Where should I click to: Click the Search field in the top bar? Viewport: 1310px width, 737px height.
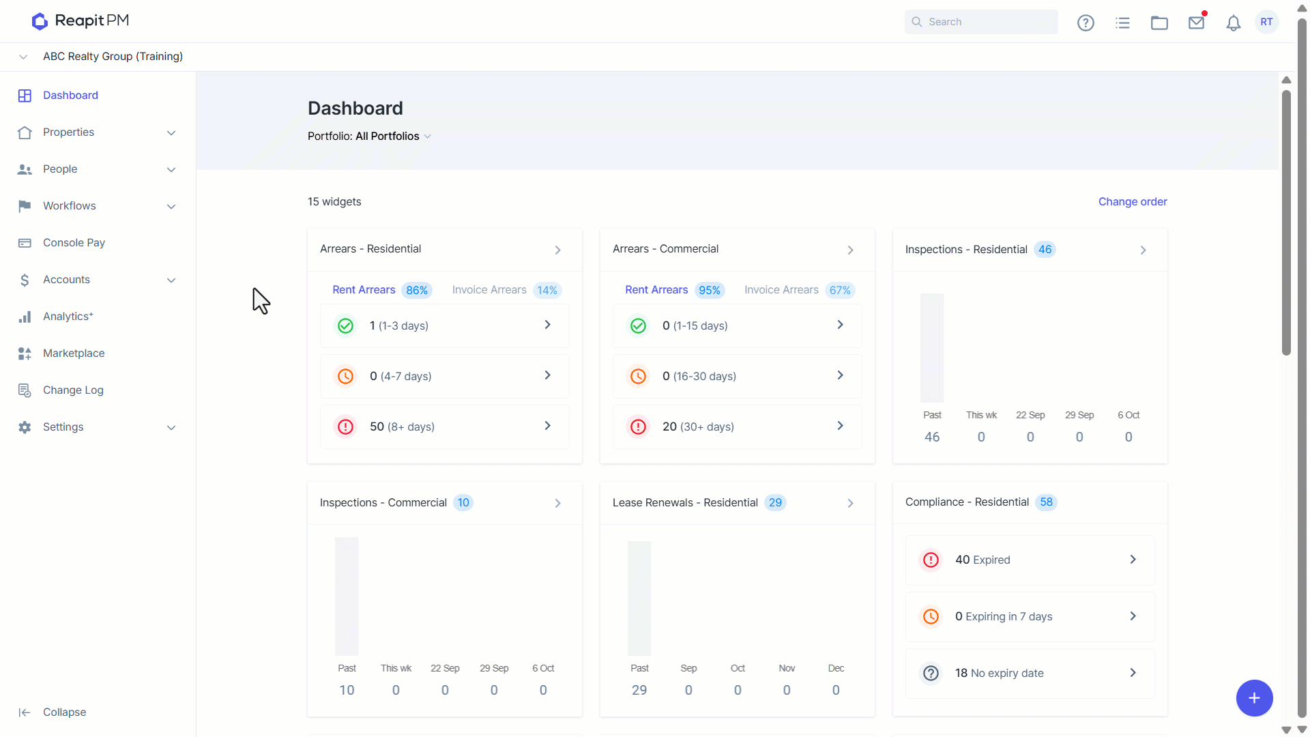(981, 22)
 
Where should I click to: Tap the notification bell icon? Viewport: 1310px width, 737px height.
(1233, 23)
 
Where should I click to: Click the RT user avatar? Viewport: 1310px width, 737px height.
(1266, 22)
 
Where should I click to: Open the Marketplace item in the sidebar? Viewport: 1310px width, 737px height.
(74, 353)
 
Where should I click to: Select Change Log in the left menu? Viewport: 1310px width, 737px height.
(73, 390)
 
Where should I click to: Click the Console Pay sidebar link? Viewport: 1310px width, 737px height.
(74, 243)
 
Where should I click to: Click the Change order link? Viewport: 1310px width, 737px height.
(1133, 202)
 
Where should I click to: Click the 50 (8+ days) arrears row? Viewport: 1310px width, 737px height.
(445, 427)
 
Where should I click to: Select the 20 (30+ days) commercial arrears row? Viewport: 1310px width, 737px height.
(737, 427)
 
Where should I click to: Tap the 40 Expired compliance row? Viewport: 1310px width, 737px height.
(1030, 560)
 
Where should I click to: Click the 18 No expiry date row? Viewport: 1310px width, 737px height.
(1030, 673)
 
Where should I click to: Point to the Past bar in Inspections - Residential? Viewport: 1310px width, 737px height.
(932, 348)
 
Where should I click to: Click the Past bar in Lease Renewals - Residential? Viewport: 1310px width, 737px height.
(639, 598)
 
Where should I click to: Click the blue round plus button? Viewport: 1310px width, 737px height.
(1254, 698)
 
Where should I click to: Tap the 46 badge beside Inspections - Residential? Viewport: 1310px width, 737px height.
(1045, 250)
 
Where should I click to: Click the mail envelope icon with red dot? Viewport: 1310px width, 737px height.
(1197, 22)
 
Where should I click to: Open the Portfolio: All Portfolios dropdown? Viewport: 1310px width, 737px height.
(369, 136)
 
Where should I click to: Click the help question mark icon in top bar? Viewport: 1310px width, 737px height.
(1086, 23)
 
